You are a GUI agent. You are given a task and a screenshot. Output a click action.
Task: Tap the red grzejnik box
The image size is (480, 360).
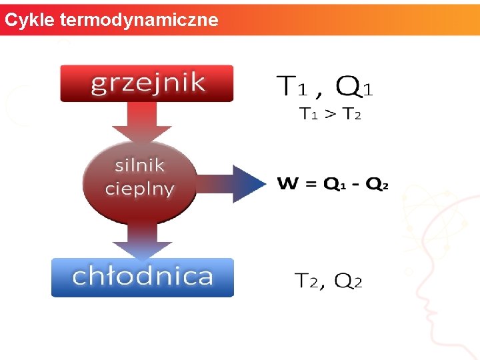(147, 83)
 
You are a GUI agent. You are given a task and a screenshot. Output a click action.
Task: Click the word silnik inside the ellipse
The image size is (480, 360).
(139, 165)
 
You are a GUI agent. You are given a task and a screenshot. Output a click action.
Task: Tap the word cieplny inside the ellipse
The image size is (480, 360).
(139, 188)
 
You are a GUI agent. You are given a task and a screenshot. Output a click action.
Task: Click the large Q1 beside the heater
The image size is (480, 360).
(355, 86)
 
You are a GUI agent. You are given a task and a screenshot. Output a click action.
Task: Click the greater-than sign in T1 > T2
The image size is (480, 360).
(330, 114)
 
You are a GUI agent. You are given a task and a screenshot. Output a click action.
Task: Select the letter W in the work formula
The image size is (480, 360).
(287, 183)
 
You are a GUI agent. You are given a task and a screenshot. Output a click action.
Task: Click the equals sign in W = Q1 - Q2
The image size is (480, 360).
(311, 184)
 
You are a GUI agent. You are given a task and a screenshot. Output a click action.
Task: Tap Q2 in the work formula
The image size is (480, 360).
(376, 184)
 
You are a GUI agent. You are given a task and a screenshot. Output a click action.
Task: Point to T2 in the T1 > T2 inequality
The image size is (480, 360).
(351, 114)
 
